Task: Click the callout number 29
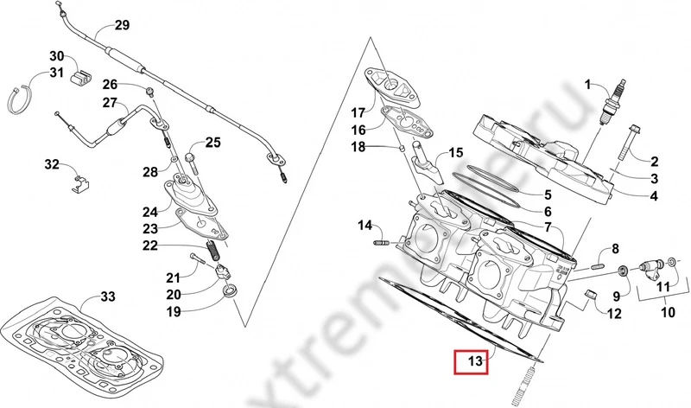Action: (x=121, y=24)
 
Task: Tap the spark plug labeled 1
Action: (x=616, y=103)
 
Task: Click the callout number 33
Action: (x=106, y=296)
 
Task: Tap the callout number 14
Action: (x=364, y=226)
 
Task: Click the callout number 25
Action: (x=212, y=143)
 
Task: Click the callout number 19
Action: (x=174, y=311)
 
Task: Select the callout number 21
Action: (x=173, y=277)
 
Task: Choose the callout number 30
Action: (x=56, y=56)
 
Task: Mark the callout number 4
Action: (x=654, y=197)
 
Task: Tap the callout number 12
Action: (x=614, y=312)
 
